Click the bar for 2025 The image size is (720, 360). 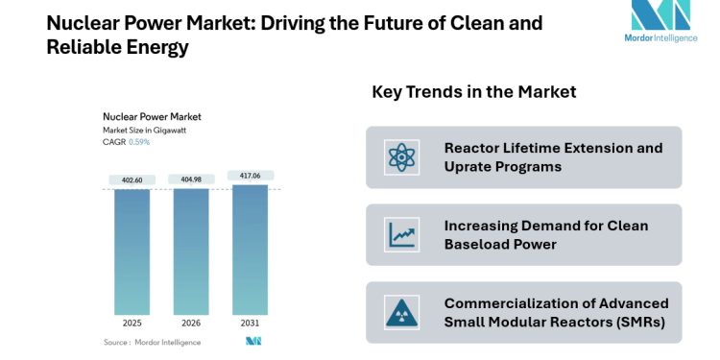132,252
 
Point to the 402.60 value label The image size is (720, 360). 132,180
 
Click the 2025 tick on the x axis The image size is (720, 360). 132,324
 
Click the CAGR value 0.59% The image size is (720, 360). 140,142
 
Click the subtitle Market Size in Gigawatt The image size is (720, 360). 146,130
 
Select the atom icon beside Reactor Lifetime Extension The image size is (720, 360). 397,156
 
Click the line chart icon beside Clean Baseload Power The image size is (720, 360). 397,234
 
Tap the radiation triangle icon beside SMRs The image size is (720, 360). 397,312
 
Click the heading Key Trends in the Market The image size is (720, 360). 473,92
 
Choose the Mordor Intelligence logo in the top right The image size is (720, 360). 660,28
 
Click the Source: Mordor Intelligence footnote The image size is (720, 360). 152,342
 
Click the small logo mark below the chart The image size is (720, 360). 253,342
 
